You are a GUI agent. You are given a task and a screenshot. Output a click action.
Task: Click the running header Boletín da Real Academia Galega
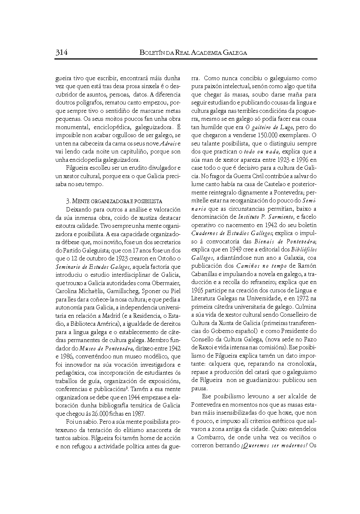point(193,53)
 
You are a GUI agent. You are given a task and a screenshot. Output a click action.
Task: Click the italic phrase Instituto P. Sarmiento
point(266,217)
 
